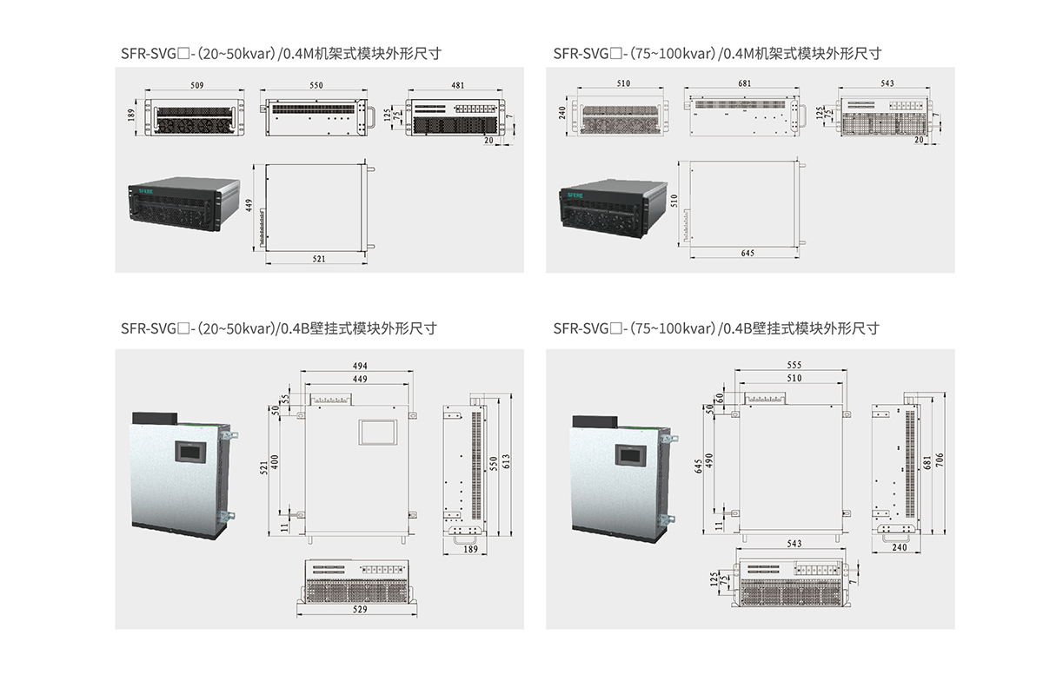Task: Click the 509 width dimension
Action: click(x=196, y=85)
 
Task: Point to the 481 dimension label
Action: click(x=457, y=85)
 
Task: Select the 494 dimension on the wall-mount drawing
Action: click(x=357, y=367)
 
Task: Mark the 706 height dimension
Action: click(x=939, y=460)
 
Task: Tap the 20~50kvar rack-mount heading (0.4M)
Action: click(x=282, y=53)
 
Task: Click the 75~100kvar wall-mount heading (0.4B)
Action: click(x=716, y=328)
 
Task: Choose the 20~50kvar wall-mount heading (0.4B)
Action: click(x=278, y=328)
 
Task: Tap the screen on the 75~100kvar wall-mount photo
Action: click(x=627, y=453)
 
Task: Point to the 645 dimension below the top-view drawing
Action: click(x=747, y=253)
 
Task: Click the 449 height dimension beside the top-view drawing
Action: click(x=249, y=206)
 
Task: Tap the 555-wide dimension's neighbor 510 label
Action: click(x=794, y=379)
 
